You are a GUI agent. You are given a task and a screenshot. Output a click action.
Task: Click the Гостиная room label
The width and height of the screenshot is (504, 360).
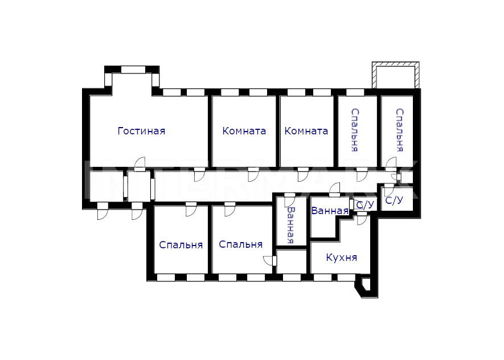[141, 131]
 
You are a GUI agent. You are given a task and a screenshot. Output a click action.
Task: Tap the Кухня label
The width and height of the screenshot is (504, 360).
[341, 257]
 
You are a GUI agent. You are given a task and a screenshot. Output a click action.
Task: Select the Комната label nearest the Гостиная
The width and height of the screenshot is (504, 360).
[244, 131]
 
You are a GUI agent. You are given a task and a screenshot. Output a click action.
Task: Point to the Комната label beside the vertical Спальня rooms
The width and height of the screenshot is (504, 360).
[306, 131]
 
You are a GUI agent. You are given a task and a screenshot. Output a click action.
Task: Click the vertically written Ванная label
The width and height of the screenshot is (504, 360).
[291, 225]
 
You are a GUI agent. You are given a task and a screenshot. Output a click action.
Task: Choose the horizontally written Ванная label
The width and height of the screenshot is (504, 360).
[330, 211]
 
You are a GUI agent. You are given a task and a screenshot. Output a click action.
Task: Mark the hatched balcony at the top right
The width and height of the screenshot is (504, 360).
[396, 75]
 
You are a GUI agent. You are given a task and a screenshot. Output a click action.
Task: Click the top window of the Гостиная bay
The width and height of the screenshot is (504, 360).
[133, 69]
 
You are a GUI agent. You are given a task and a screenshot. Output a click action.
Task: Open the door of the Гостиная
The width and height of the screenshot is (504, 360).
[140, 163]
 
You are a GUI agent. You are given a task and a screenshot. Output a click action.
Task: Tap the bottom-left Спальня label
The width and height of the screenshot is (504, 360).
[181, 245]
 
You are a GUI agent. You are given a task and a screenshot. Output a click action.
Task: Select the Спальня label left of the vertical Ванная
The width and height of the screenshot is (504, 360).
[241, 244]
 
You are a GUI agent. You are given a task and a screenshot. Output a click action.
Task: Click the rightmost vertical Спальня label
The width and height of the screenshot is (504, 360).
[400, 130]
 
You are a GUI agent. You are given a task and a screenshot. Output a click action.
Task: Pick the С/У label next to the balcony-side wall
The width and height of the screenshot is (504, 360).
[394, 201]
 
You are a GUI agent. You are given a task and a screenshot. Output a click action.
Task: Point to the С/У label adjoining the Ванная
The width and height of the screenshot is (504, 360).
[366, 204]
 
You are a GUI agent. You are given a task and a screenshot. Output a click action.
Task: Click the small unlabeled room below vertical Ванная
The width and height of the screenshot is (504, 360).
[291, 261]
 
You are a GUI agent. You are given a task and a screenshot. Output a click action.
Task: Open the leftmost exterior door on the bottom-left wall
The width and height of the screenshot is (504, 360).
[103, 211]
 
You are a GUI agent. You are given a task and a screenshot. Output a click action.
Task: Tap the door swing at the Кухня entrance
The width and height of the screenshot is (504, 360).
[362, 219]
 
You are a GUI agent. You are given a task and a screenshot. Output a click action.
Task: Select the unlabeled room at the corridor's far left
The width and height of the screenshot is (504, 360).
[106, 186]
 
